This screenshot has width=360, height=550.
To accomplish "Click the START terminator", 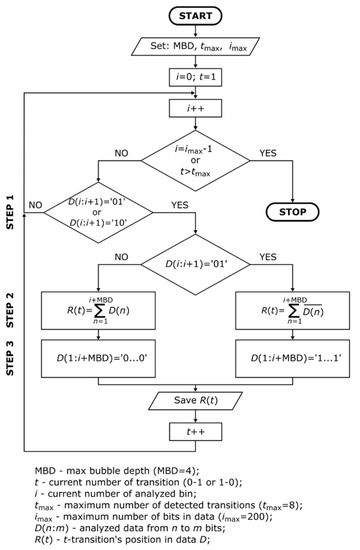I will pos(209,17).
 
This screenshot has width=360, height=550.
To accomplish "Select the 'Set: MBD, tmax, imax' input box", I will pos(209,48).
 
